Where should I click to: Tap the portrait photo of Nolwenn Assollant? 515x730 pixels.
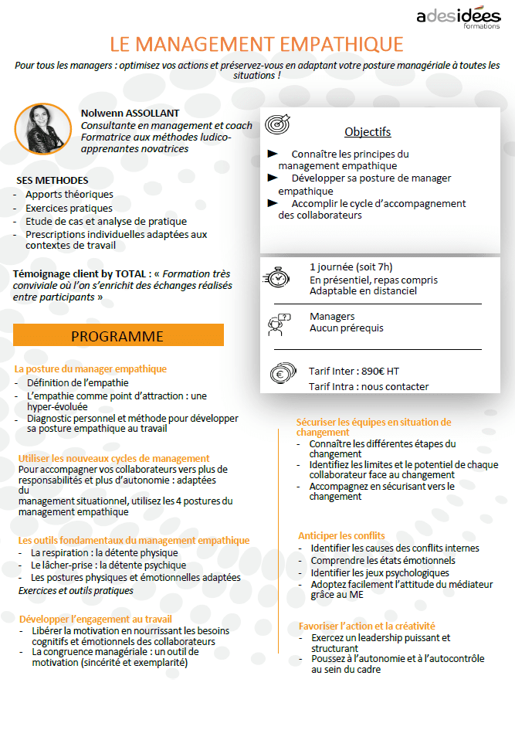pyautogui.click(x=42, y=128)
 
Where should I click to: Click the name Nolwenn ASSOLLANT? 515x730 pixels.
pyautogui.click(x=130, y=113)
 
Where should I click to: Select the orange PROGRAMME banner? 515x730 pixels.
pyautogui.click(x=118, y=336)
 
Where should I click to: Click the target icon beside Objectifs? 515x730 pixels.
pyautogui.click(x=277, y=125)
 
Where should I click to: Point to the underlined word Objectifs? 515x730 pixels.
pyautogui.click(x=368, y=131)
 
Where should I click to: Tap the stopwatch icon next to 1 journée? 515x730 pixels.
pyautogui.click(x=278, y=277)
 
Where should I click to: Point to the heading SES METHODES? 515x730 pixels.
pyautogui.click(x=53, y=180)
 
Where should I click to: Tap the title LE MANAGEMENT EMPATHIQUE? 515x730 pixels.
pyautogui.click(x=257, y=44)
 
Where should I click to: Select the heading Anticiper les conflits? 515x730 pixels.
pyautogui.click(x=341, y=535)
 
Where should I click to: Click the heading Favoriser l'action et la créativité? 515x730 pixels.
pyautogui.click(x=367, y=626)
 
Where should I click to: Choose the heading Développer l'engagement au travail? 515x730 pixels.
pyautogui.click(x=96, y=619)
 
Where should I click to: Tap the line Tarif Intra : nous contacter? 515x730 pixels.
pyautogui.click(x=368, y=386)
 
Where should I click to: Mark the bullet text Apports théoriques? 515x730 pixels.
pyautogui.click(x=69, y=195)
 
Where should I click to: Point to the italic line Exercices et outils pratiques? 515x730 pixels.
pyautogui.click(x=76, y=590)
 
